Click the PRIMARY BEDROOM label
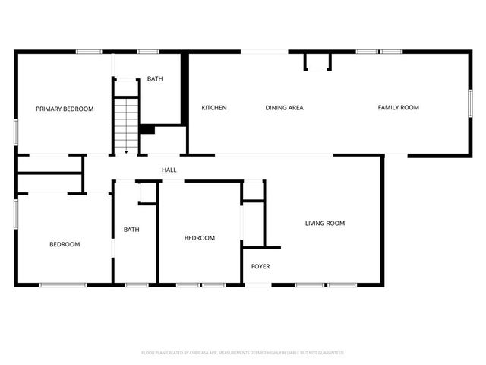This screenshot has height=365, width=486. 65,109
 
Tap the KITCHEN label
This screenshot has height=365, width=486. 214,108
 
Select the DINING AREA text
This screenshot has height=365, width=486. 284,108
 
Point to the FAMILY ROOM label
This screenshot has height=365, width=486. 398,108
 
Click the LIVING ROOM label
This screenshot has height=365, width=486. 325,224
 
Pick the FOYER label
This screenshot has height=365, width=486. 260,267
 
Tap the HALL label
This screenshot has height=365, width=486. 169,170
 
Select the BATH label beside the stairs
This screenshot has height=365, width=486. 154,79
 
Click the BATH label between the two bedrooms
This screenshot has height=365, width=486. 131,230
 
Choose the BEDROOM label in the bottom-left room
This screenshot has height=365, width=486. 65,244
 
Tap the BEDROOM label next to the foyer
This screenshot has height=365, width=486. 200,238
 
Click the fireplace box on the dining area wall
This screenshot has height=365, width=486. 317,61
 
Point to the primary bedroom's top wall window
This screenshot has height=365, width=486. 89,52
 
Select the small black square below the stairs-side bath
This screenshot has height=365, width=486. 147,129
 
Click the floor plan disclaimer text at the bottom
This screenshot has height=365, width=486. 243,353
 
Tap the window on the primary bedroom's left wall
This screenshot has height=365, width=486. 16,131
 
